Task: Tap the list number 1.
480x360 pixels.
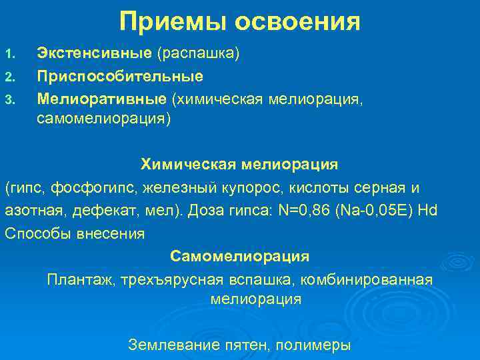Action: (9, 53)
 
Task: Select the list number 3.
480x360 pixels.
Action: (9, 100)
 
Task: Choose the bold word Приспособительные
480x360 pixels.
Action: (120, 76)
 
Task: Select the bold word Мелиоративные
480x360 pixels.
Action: (101, 99)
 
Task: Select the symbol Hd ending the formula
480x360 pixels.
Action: (427, 211)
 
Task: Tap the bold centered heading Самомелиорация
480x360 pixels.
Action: (239, 256)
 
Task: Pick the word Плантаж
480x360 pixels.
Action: (80, 279)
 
